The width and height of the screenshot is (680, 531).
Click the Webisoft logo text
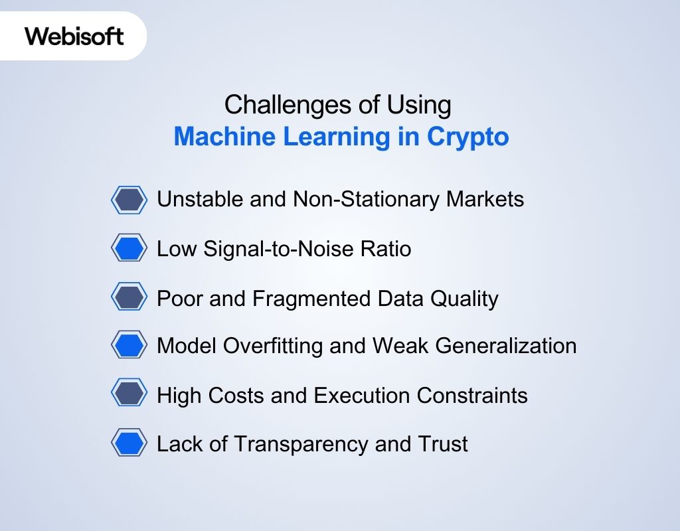pyautogui.click(x=74, y=36)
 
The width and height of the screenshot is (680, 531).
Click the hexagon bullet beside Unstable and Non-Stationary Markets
pyautogui.click(x=129, y=199)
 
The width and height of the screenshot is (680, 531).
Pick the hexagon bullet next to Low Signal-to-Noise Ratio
pyautogui.click(x=129, y=248)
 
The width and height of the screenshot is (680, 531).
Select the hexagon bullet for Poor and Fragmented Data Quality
pyautogui.click(x=129, y=297)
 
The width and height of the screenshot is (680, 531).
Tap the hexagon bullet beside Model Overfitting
pyautogui.click(x=129, y=345)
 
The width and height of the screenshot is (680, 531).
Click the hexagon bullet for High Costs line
pyautogui.click(x=129, y=394)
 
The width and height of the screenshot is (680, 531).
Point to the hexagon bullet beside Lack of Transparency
pyautogui.click(x=129, y=443)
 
